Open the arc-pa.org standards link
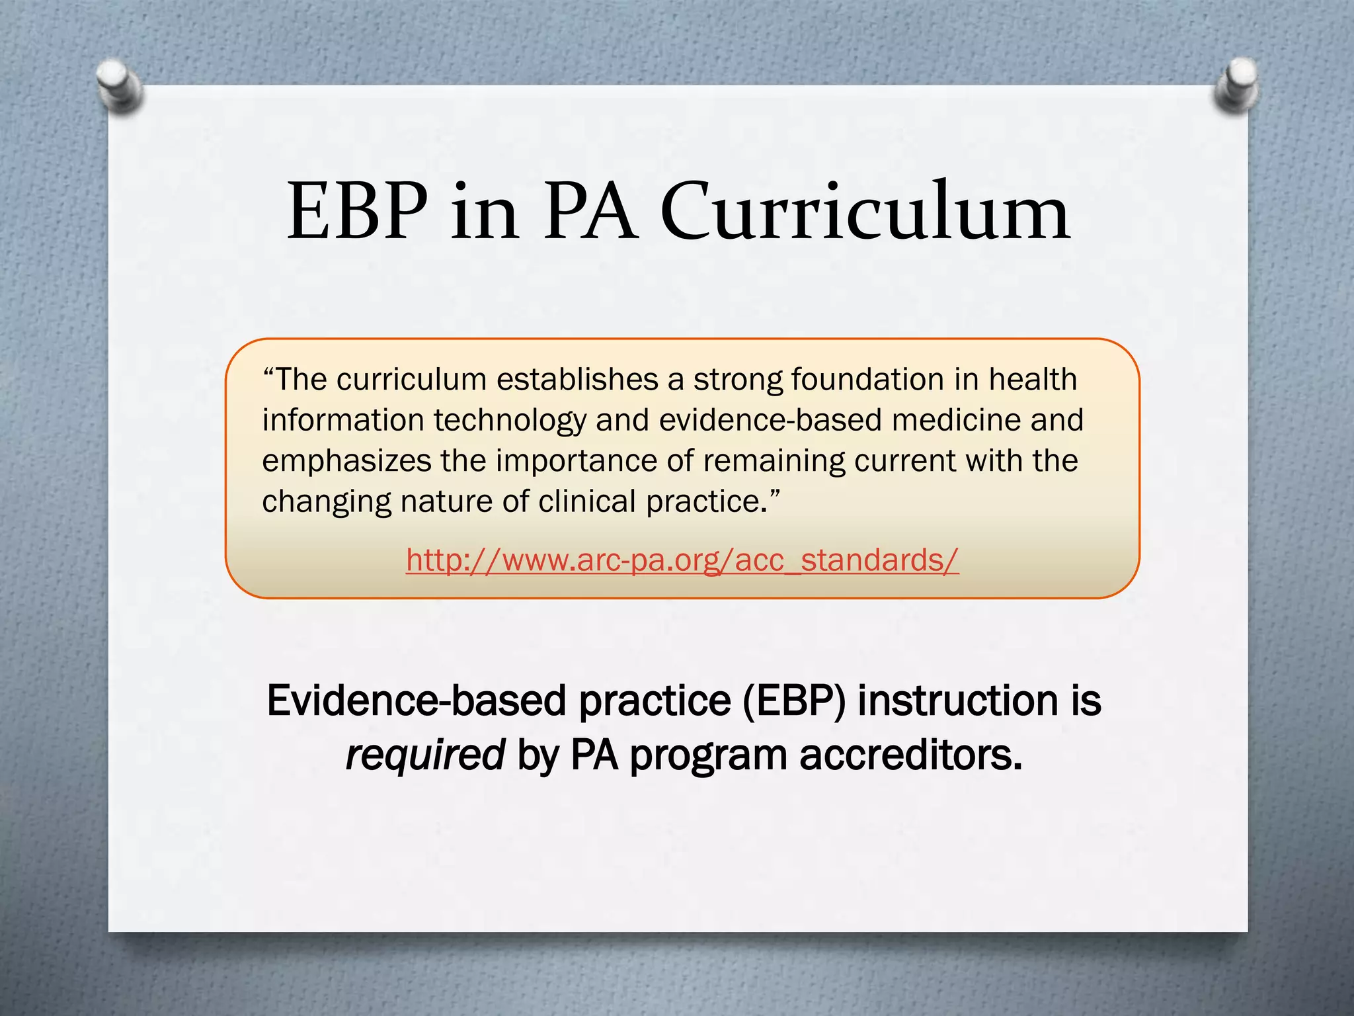coord(682,560)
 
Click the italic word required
coord(425,755)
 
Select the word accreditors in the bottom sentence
coord(910,755)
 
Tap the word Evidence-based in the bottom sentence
coord(417,700)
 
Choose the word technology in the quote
coord(510,421)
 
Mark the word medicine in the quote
coord(956,420)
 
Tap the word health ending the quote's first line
coord(1033,380)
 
